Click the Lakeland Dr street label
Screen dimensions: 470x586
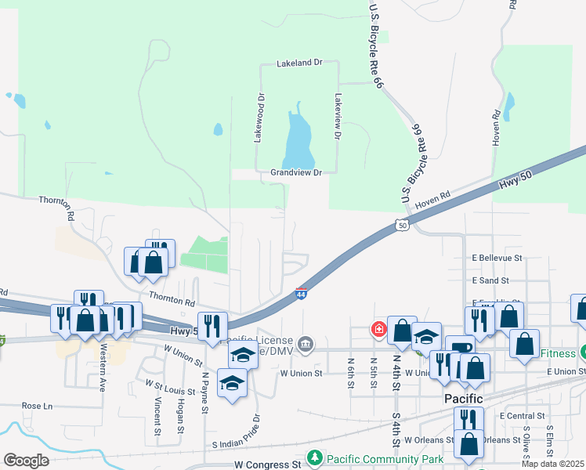click(x=299, y=63)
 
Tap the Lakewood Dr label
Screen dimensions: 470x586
click(x=259, y=118)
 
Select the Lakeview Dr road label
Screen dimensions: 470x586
click(x=338, y=117)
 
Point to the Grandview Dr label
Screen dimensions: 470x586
click(x=296, y=172)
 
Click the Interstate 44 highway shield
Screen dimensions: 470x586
click(x=301, y=295)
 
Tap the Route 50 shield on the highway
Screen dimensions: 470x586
click(x=402, y=226)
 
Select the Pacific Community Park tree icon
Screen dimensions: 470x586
click(x=315, y=457)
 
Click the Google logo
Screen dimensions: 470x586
click(x=26, y=460)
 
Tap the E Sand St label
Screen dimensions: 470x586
click(x=490, y=280)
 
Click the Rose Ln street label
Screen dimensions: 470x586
click(x=37, y=406)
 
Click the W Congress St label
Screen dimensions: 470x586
click(x=268, y=465)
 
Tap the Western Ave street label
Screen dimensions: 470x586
click(x=102, y=373)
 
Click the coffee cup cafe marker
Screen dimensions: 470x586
click(x=460, y=347)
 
